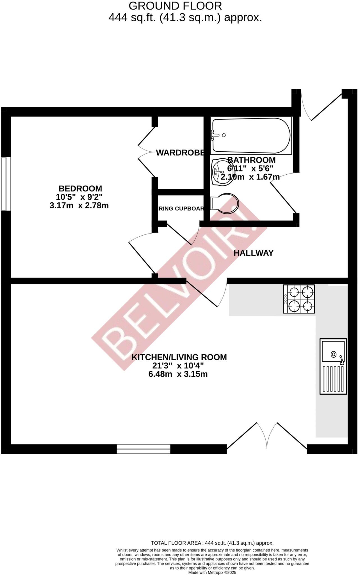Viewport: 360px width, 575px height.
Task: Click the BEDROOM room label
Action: (80, 188)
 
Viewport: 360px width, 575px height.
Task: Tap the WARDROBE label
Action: (180, 153)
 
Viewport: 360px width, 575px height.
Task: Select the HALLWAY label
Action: (253, 253)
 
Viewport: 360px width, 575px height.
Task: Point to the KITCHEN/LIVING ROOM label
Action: (179, 357)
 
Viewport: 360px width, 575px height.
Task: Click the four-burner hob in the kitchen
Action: (299, 299)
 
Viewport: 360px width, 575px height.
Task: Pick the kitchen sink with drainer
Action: (333, 366)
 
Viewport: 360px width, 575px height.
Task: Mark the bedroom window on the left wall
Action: (6, 184)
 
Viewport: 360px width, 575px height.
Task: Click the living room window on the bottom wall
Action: (143, 449)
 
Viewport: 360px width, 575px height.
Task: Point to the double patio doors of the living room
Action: (267, 438)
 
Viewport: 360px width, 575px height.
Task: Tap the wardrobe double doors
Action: (147, 152)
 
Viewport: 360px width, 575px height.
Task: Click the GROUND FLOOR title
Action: (175, 6)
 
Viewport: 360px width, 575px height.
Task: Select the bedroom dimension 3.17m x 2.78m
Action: (79, 206)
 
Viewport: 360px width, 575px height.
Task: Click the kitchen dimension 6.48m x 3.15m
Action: (178, 374)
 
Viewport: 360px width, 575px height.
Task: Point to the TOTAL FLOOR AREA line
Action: (212, 543)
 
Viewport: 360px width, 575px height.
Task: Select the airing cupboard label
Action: (180, 209)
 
